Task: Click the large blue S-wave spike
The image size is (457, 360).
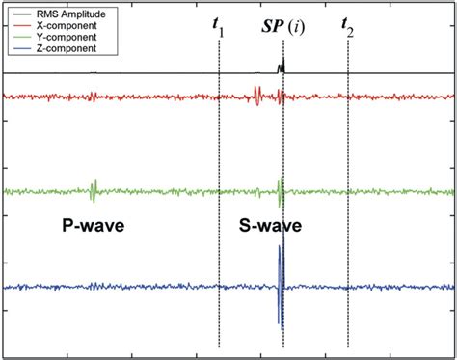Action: click(x=281, y=286)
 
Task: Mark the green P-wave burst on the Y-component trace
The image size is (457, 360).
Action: click(x=94, y=191)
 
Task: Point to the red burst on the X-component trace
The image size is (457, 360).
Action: click(x=257, y=97)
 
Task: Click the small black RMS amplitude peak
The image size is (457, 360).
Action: click(x=282, y=69)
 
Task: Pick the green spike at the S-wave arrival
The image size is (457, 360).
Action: click(x=280, y=191)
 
